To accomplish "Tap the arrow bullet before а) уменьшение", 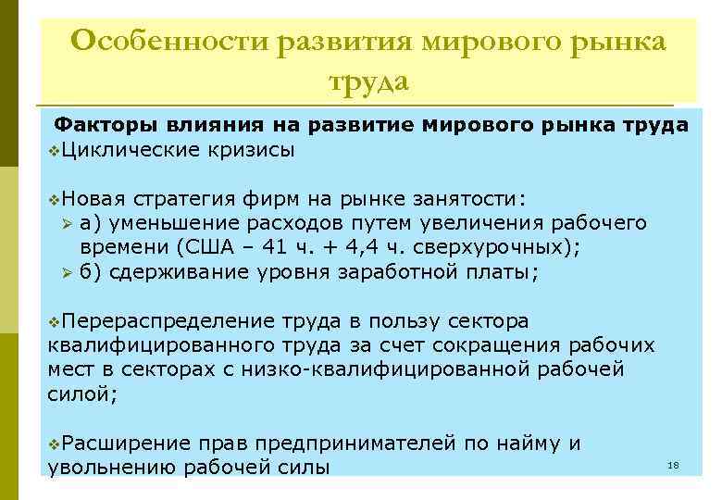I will [x=66, y=223].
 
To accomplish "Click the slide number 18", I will [x=673, y=465].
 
